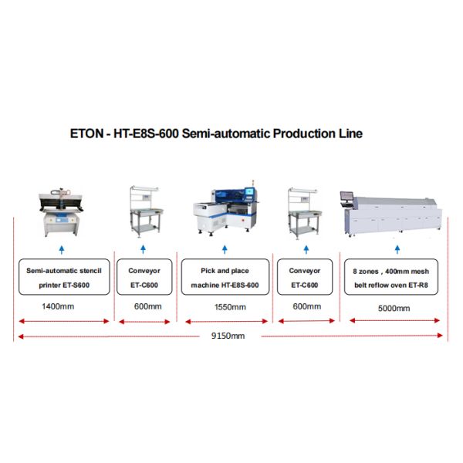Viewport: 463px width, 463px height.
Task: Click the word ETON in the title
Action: [86, 133]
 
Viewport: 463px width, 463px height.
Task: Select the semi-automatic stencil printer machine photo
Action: [62, 212]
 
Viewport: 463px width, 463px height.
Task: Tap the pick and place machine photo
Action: [225, 208]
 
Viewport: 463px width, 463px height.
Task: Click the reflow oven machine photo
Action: [391, 216]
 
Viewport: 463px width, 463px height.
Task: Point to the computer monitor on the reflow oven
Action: [346, 196]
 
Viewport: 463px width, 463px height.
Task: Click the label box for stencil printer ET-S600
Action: [64, 277]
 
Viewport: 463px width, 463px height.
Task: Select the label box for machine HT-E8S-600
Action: [225, 277]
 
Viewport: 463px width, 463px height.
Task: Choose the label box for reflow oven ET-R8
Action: [391, 277]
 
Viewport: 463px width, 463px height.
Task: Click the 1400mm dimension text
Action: [58, 306]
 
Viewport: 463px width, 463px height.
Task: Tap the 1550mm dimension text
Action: [230, 307]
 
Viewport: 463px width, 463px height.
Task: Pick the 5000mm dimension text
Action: [394, 308]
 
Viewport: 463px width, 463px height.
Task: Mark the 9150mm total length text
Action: [228, 336]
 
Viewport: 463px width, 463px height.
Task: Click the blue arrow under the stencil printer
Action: [62, 249]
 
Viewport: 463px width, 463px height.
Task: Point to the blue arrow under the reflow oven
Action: [397, 249]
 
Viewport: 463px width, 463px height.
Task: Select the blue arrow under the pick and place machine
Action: [225, 249]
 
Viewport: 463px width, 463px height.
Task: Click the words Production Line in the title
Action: [318, 133]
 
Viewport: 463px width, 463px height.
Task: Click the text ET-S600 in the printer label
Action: [76, 286]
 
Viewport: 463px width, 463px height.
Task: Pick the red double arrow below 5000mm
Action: [394, 320]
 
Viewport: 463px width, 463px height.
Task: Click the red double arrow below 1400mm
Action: [64, 321]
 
